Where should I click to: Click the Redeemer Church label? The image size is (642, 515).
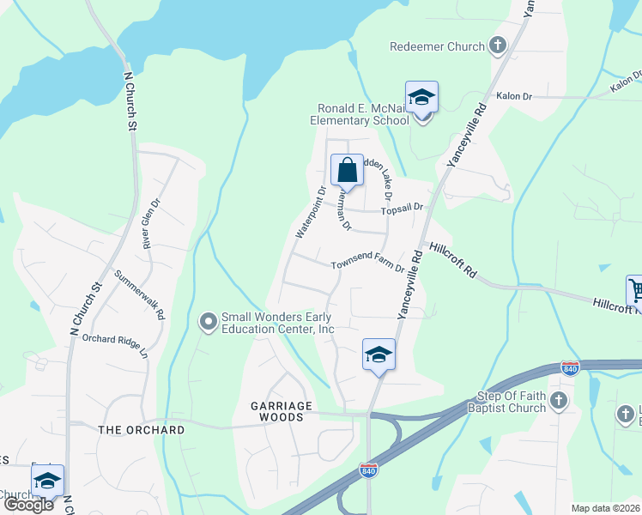pyautogui.click(x=437, y=46)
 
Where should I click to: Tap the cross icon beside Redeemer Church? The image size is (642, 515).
pyautogui.click(x=497, y=45)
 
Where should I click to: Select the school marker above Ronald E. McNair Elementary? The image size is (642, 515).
pyautogui.click(x=421, y=98)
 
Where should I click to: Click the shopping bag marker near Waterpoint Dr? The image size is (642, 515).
pyautogui.click(x=347, y=170)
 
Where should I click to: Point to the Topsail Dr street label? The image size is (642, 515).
pyautogui.click(x=403, y=208)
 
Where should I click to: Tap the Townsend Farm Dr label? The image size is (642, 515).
pyautogui.click(x=367, y=266)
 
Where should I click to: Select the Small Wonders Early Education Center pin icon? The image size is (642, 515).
pyautogui.click(x=207, y=322)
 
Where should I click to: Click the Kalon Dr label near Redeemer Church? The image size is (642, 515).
pyautogui.click(x=514, y=97)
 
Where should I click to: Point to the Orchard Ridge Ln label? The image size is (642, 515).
pyautogui.click(x=115, y=345)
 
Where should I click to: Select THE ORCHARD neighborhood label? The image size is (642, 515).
pyautogui.click(x=142, y=429)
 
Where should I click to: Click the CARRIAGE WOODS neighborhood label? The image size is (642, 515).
pyautogui.click(x=264, y=411)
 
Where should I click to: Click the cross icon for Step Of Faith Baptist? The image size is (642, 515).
pyautogui.click(x=559, y=400)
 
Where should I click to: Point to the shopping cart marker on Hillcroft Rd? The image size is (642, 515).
pyautogui.click(x=635, y=290)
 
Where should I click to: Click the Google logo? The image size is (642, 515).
pyautogui.click(x=28, y=505)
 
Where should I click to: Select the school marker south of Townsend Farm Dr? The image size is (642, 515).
pyautogui.click(x=379, y=355)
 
